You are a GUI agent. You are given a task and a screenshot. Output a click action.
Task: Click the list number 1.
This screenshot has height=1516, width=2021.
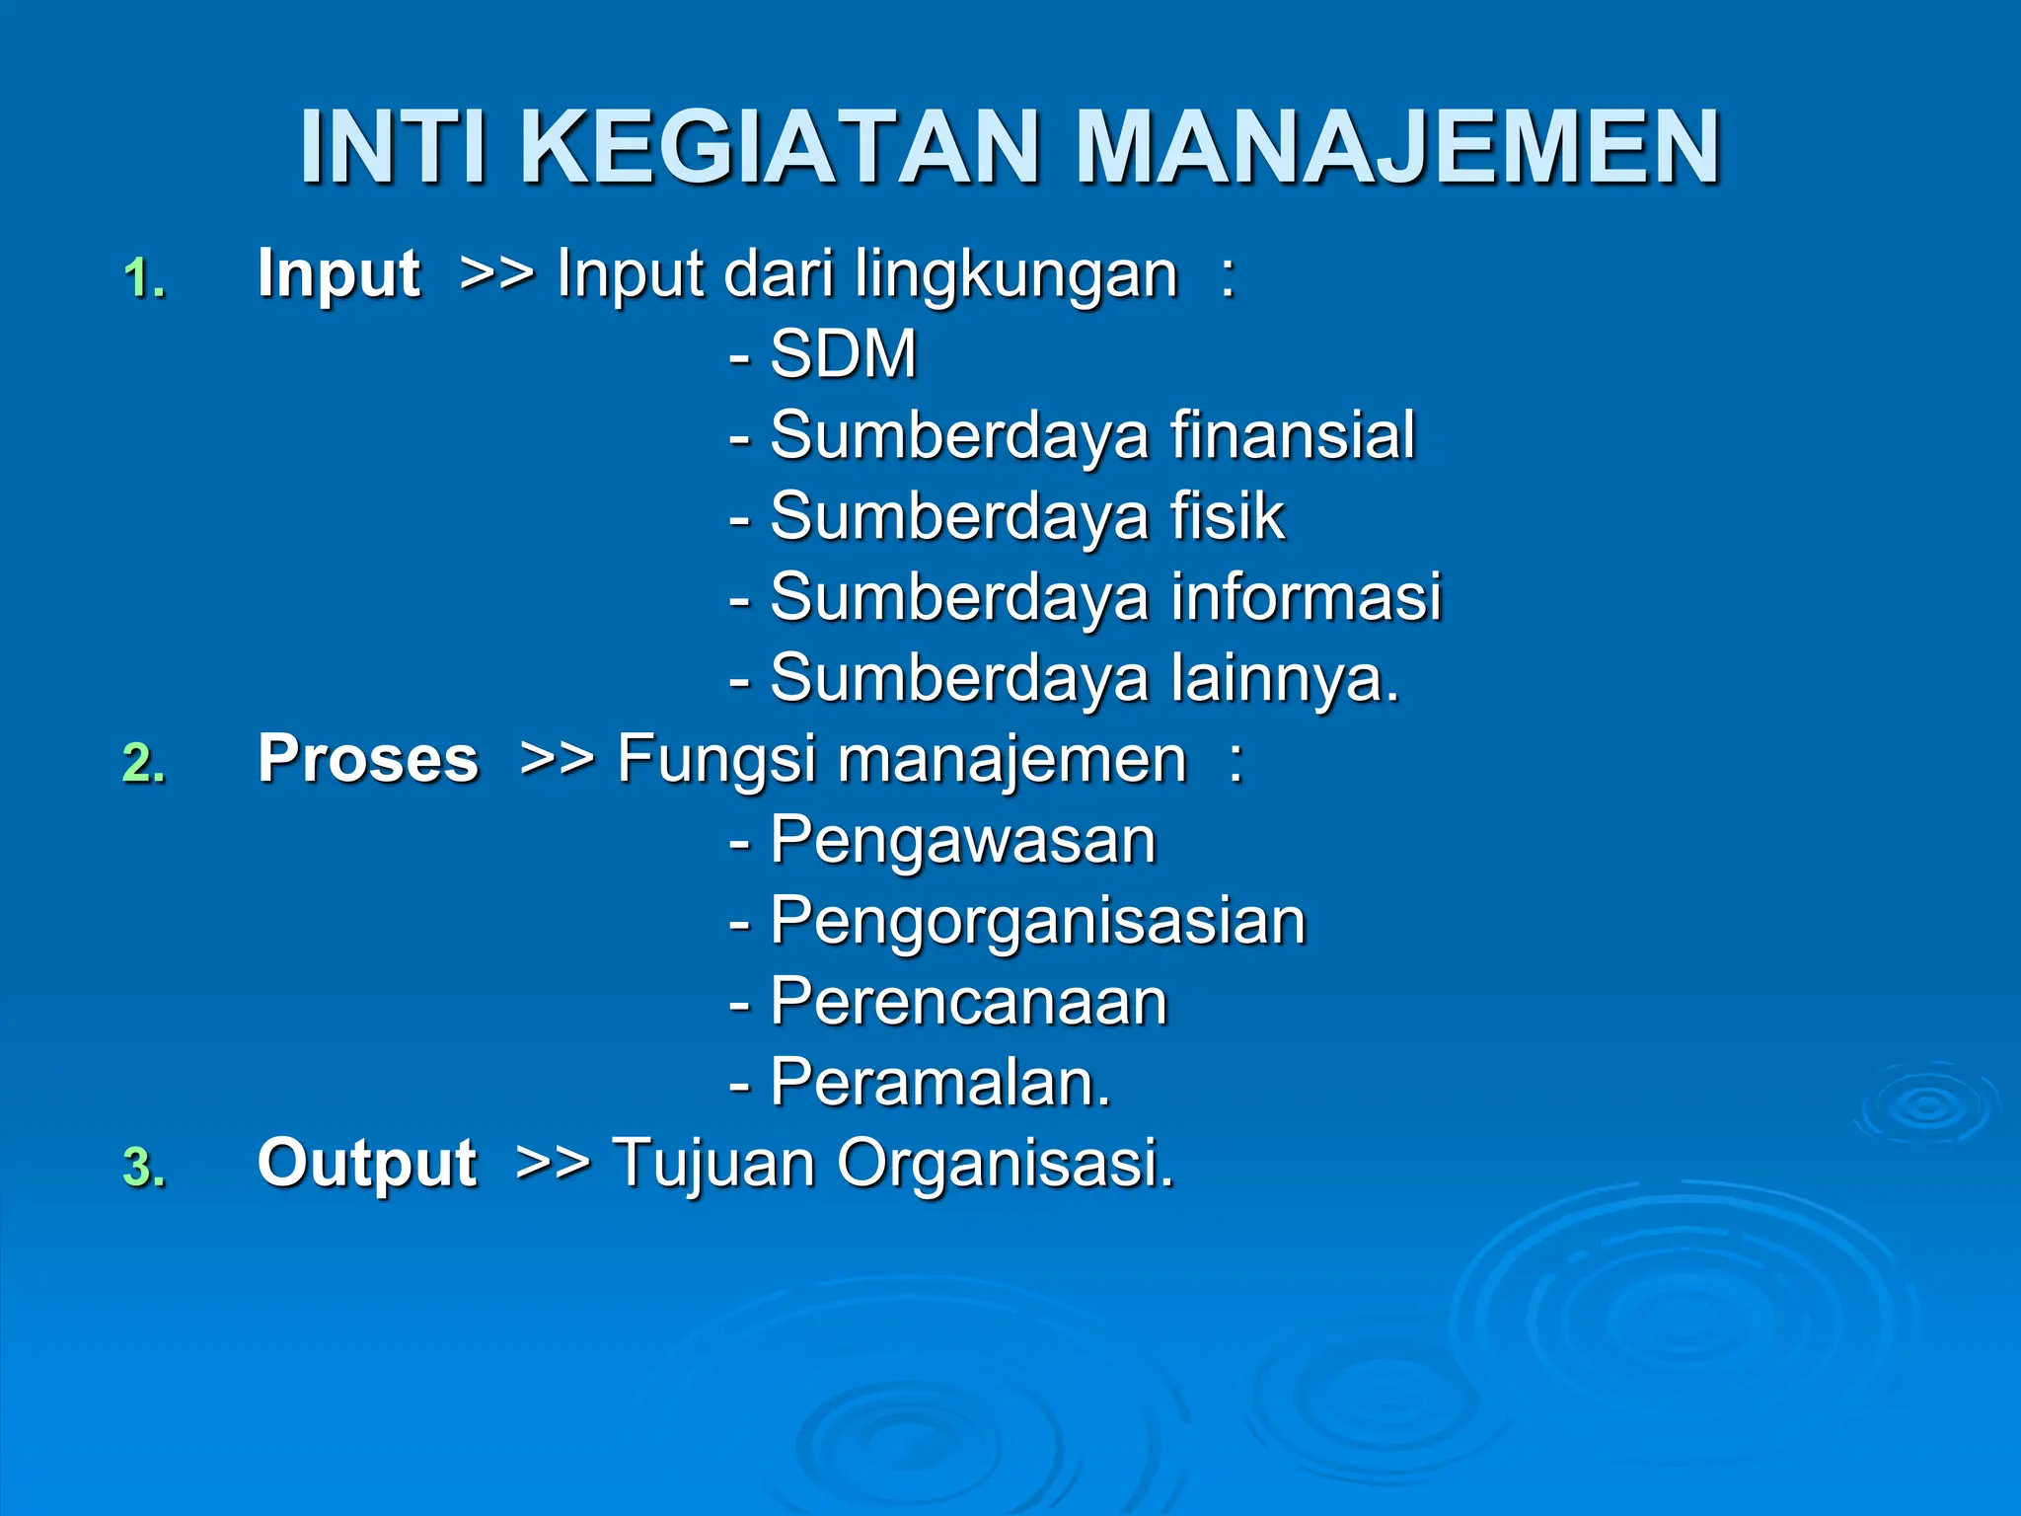tap(144, 278)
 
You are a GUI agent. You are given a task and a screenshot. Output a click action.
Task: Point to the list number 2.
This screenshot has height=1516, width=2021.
tap(144, 764)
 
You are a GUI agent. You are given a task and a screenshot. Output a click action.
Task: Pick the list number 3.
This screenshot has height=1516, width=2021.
tap(144, 1168)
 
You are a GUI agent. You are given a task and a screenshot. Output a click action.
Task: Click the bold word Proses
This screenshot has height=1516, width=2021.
tap(368, 759)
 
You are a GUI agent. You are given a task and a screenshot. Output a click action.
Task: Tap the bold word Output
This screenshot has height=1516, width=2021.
tap(367, 1163)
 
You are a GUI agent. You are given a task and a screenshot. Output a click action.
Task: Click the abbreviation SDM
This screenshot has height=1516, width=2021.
tap(844, 353)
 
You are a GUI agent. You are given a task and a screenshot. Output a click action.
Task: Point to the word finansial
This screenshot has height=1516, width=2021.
tap(1293, 434)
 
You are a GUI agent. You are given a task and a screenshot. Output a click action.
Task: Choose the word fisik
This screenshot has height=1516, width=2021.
tap(1228, 515)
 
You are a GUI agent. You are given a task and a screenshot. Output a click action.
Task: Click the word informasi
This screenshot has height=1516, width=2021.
tap(1307, 596)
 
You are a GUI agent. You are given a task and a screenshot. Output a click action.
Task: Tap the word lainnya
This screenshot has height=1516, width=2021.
tap(1283, 679)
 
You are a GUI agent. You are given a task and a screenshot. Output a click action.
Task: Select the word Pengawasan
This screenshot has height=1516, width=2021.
tap(962, 841)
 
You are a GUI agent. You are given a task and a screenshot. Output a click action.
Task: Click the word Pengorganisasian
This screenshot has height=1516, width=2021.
tap(1038, 922)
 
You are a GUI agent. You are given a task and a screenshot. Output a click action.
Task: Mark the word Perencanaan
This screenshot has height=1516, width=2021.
tap(969, 1002)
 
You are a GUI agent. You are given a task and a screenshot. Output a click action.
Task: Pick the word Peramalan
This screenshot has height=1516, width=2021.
tap(939, 1083)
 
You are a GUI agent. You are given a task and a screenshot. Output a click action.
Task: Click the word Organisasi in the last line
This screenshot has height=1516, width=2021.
tap(1005, 1164)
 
